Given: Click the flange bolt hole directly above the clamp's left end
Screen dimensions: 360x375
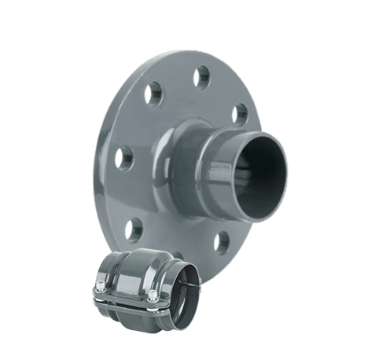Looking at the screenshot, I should pos(135,225).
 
